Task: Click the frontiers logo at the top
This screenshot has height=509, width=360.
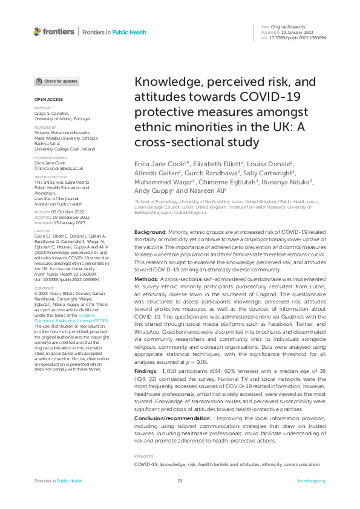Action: [x=54, y=31]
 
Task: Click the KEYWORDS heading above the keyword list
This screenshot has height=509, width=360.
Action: [x=143, y=456]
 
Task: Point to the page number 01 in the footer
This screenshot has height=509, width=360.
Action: [x=180, y=481]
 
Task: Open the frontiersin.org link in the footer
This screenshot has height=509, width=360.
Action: [x=312, y=481]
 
